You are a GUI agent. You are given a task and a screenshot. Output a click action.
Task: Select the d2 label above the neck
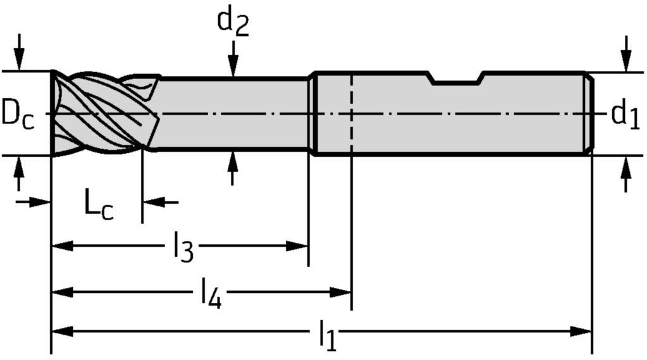[x=233, y=22]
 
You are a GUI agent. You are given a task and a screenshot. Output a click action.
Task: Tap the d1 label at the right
[x=625, y=115]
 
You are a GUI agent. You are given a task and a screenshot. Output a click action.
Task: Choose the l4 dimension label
[x=211, y=293]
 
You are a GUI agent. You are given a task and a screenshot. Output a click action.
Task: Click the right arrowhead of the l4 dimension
[x=341, y=292]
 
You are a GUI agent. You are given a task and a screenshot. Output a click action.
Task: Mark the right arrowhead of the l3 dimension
[x=298, y=245]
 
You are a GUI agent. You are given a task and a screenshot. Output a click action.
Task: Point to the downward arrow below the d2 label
[x=233, y=63]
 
